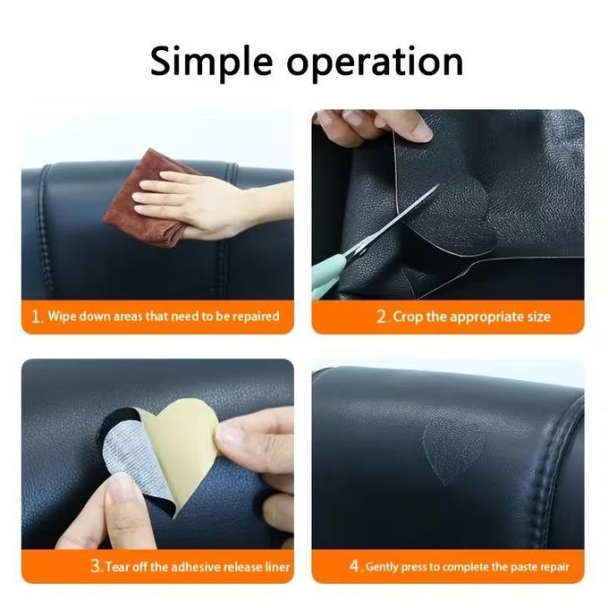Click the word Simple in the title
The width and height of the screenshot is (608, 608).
click(211, 62)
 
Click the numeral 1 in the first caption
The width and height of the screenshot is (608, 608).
click(37, 317)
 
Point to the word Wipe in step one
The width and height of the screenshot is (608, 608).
click(63, 316)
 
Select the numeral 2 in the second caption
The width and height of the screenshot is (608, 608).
click(383, 317)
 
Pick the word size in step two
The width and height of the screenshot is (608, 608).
click(538, 317)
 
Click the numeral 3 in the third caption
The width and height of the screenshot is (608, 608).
click(97, 566)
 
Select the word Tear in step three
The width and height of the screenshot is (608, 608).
click(117, 567)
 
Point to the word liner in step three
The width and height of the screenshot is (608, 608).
click(277, 567)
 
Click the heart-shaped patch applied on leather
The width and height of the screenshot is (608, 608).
click(453, 450)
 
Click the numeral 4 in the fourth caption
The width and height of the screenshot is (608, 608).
click(355, 566)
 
